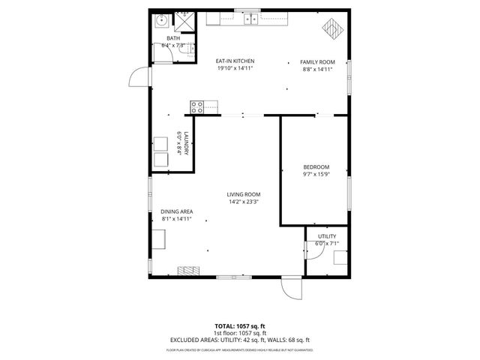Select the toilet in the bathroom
pos(193,49)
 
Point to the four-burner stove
pos(198,106)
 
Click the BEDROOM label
pos(316,166)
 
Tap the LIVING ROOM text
pos(244,194)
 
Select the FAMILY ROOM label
pos(317,61)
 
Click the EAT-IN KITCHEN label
pos(235,61)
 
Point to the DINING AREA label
pos(176,212)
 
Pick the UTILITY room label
pos(327,236)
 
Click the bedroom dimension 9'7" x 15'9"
pos(316,174)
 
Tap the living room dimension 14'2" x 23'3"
pos(244,201)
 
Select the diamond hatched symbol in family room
pos(331,29)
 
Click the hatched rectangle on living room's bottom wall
pos(188,271)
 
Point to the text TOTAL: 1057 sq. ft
pos(239,325)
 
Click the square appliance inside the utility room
pos(340,259)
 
